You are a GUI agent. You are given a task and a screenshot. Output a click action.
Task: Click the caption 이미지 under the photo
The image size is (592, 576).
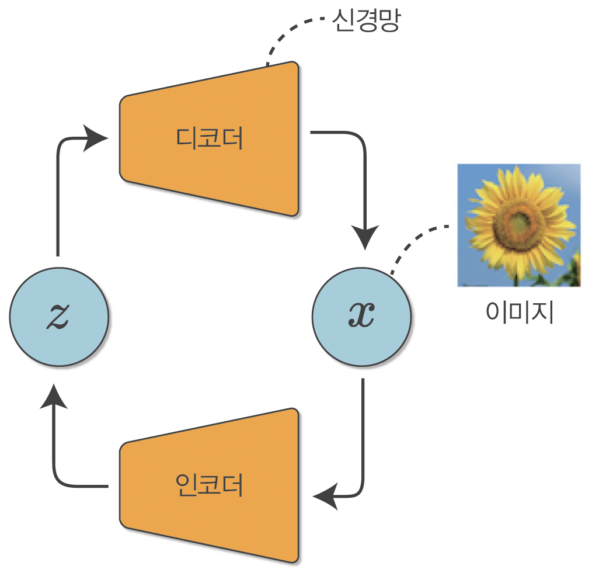pyautogui.click(x=519, y=312)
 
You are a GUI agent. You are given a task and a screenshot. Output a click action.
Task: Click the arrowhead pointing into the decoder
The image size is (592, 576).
pyautogui.click(x=96, y=138)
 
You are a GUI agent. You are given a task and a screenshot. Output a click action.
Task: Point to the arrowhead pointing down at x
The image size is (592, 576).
pyautogui.click(x=364, y=237)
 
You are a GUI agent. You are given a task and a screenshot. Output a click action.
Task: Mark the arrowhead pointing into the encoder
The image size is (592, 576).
pyautogui.click(x=326, y=497)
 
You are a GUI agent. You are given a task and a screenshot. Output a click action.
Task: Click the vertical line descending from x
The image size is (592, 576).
pyautogui.click(x=363, y=432)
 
